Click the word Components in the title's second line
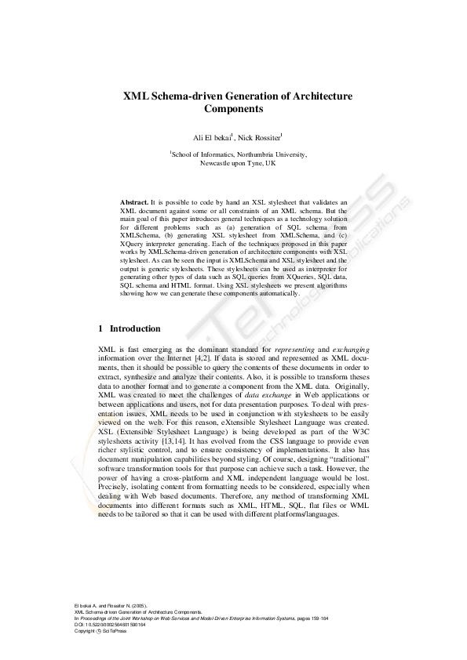click(233, 111)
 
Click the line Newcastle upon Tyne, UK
click(238, 165)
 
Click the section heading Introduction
click(135, 328)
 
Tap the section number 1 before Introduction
click(100, 328)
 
